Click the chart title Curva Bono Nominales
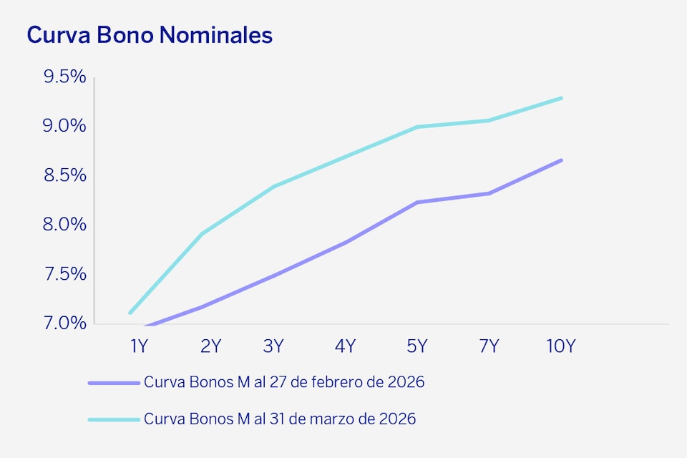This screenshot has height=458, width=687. (x=150, y=35)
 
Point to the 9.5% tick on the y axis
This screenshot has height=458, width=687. (x=64, y=77)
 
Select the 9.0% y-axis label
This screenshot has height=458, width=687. (x=64, y=126)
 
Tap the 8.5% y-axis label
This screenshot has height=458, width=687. (x=64, y=175)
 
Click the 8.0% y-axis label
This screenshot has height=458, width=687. (x=64, y=225)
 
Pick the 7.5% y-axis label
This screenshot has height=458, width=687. (x=64, y=274)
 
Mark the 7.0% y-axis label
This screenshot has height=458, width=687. (x=64, y=323)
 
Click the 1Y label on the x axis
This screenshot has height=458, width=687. (x=139, y=346)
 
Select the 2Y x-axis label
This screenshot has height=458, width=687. (x=210, y=346)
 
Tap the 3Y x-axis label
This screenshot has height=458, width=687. (x=273, y=346)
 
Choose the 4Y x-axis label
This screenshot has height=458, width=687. (x=345, y=346)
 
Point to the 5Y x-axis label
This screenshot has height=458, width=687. (x=416, y=346)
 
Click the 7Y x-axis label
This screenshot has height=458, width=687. (x=489, y=346)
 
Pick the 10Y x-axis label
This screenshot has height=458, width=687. (x=560, y=346)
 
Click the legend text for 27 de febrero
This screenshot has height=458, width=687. (x=284, y=382)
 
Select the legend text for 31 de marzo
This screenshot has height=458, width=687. (x=280, y=419)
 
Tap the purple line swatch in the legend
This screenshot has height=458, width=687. (x=113, y=383)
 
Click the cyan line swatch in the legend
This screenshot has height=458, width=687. (x=113, y=419)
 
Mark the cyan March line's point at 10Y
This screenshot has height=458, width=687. (x=561, y=98)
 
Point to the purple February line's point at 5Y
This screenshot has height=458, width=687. (x=417, y=203)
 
